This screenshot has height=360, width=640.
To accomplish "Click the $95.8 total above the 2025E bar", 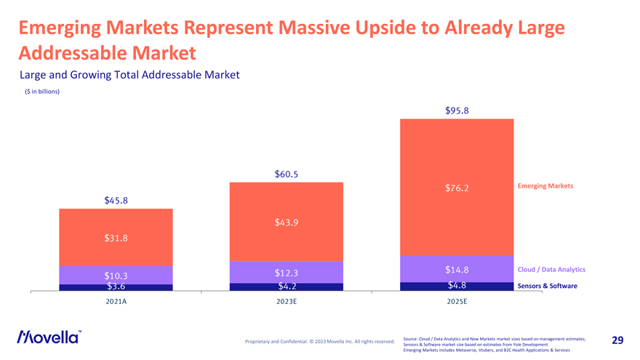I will tap(456, 111).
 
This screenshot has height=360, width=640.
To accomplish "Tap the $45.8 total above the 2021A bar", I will tap(116, 201).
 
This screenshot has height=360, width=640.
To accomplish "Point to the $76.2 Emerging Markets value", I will tap(456, 188).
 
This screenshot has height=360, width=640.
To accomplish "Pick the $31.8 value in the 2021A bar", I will tap(116, 237).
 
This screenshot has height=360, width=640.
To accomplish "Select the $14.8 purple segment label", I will tap(456, 271).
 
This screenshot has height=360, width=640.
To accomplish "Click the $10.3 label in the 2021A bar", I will tap(116, 276).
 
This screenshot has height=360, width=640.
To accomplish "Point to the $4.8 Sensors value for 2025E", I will tap(456, 285).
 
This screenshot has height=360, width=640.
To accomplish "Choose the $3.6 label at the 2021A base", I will tap(116, 287).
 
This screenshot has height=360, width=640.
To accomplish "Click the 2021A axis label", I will tap(116, 301).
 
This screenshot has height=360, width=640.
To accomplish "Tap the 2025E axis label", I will tap(456, 301).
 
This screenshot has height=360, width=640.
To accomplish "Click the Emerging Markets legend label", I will tap(545, 186).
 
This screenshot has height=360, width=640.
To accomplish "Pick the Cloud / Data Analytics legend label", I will tap(551, 270).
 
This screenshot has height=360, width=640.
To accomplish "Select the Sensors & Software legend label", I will tap(547, 286).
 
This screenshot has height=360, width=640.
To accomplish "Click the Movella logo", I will tap(49, 337).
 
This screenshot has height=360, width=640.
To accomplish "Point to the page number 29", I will tap(617, 340).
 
